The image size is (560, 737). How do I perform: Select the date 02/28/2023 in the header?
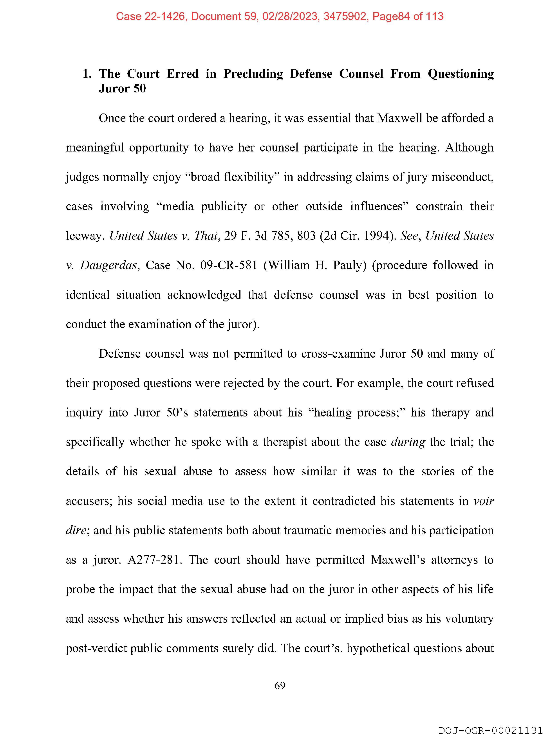[x=289, y=16]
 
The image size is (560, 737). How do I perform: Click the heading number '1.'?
[x=87, y=74]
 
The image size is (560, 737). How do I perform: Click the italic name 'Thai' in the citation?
[x=206, y=236]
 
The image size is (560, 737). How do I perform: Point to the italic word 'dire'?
[x=76, y=530]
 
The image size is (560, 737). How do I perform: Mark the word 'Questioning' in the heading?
[x=461, y=74]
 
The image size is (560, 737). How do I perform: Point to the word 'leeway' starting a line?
[x=85, y=236]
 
